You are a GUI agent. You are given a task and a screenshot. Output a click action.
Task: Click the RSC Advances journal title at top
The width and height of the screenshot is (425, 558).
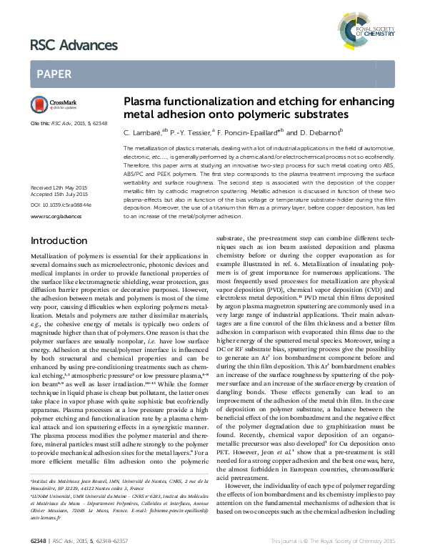(x=74, y=46)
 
